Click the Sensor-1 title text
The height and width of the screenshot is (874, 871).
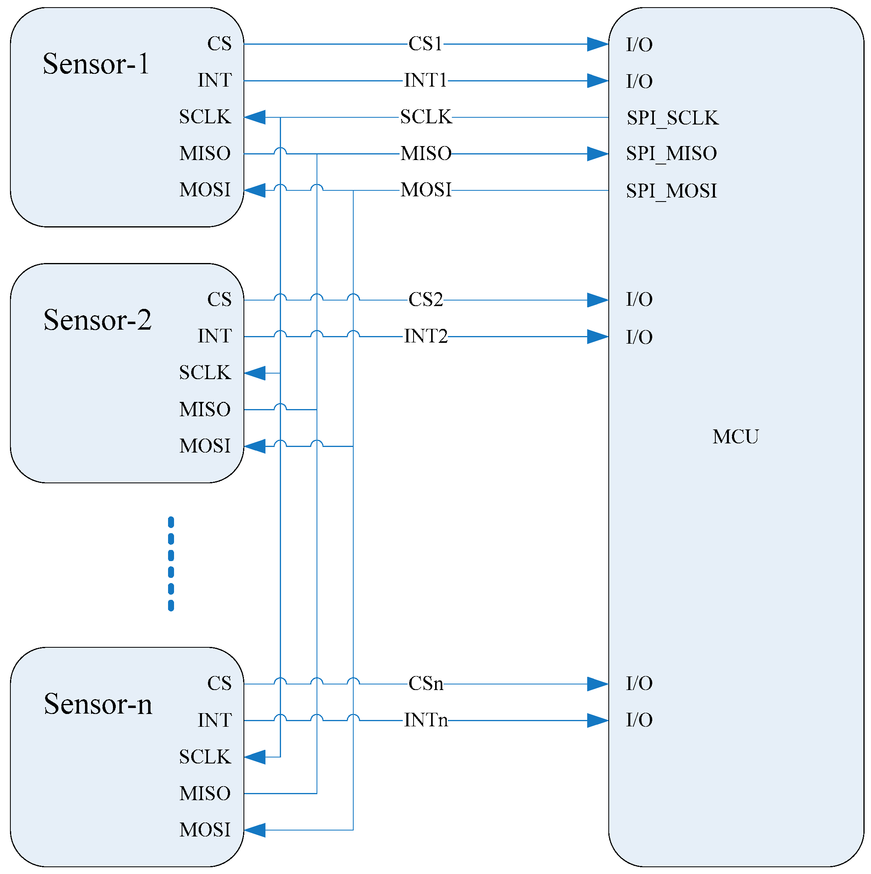tap(95, 63)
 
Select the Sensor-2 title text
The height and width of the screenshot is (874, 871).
tap(97, 320)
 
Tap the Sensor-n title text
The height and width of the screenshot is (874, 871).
tap(98, 704)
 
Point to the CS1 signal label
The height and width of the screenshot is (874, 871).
tap(425, 44)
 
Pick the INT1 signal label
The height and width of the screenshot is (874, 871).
tap(425, 81)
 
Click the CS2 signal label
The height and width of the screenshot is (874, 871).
tap(425, 299)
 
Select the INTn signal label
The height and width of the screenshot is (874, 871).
tap(425, 720)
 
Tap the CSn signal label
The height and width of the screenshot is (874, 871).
tap(425, 684)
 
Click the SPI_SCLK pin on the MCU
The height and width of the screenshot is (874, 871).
tap(672, 118)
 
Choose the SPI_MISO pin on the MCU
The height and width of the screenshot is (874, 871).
tap(671, 153)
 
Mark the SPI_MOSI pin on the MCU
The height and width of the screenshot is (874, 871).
tap(671, 190)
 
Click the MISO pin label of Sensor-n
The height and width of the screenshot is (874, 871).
tap(204, 793)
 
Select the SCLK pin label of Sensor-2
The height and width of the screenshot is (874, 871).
tap(204, 373)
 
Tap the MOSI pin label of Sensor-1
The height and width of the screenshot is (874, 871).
tap(204, 190)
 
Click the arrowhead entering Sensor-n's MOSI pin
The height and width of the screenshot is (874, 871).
tap(255, 830)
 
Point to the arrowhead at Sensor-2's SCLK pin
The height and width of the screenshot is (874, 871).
tap(255, 373)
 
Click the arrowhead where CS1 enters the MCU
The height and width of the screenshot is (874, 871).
tap(597, 44)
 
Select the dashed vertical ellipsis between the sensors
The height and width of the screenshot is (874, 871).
tap(170, 564)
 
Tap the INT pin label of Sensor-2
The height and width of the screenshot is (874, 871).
tap(214, 336)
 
